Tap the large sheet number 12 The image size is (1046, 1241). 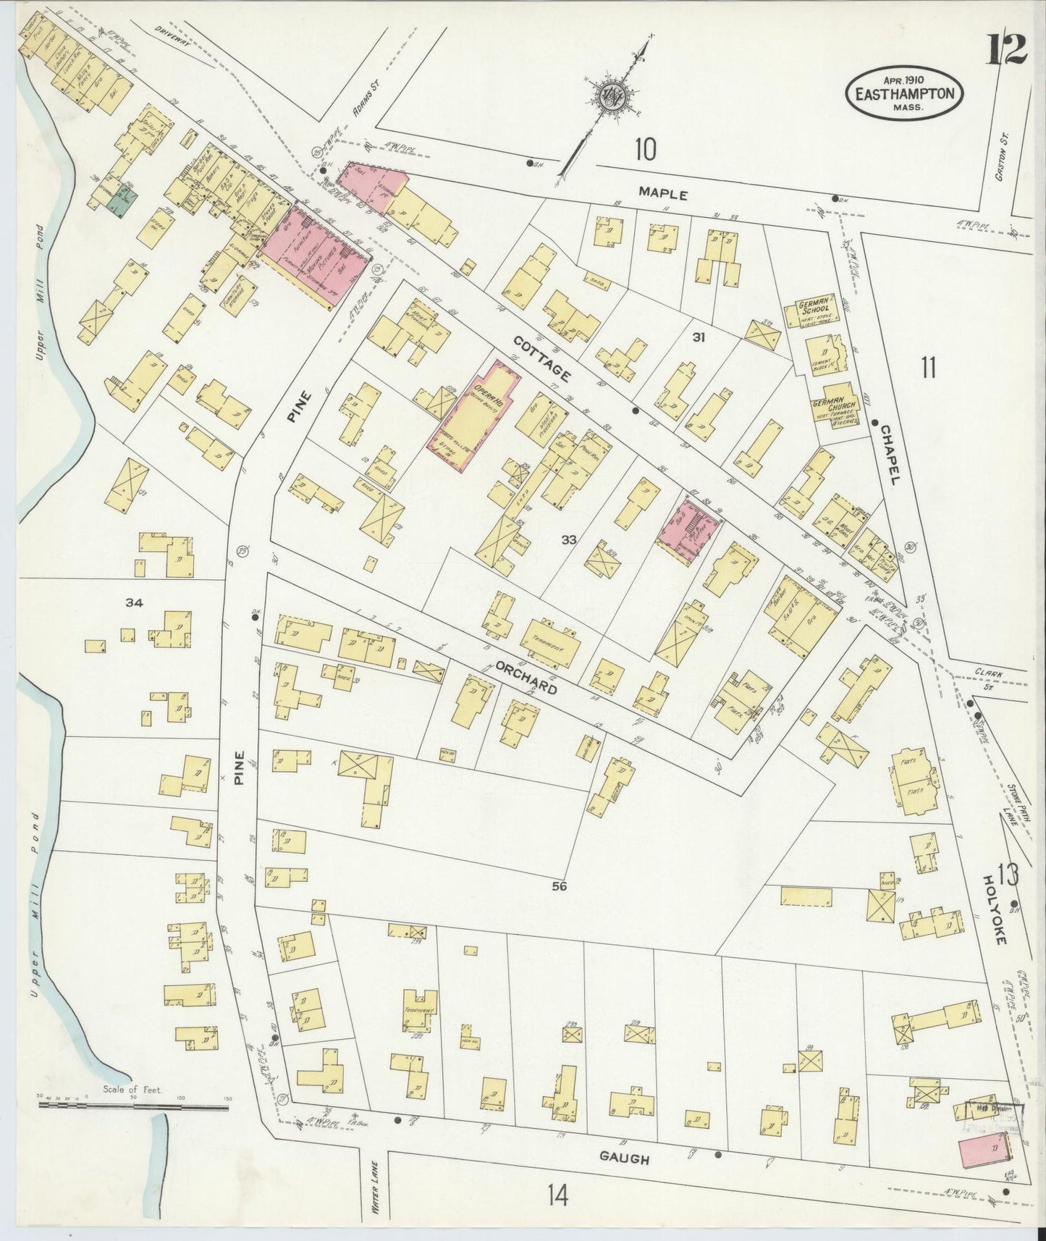[1006, 49]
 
